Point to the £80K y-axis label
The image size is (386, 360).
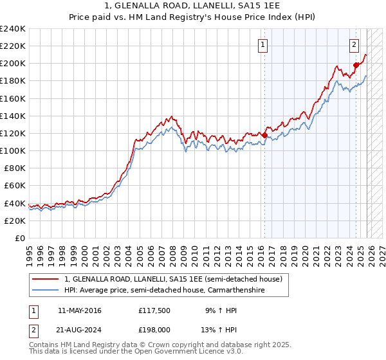14,168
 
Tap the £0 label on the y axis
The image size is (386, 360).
20,238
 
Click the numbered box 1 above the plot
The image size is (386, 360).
264,44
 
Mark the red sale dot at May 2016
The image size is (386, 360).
264,135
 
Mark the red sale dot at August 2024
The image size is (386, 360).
356,64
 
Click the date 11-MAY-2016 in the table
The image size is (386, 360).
79,310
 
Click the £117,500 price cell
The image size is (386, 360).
153,310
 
